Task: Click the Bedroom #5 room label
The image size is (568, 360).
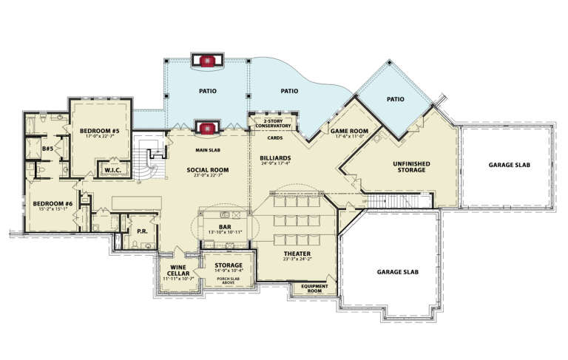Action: coord(100,131)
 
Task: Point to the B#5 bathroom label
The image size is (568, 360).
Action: coord(47,149)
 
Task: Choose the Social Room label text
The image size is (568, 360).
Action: coord(208,169)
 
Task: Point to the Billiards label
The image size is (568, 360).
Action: coord(275,158)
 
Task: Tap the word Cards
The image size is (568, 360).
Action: coord(274,137)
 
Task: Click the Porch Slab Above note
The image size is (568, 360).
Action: coord(229,279)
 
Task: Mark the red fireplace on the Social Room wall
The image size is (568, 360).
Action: coord(207,128)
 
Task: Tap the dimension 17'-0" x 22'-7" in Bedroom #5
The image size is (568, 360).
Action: coord(100,137)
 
